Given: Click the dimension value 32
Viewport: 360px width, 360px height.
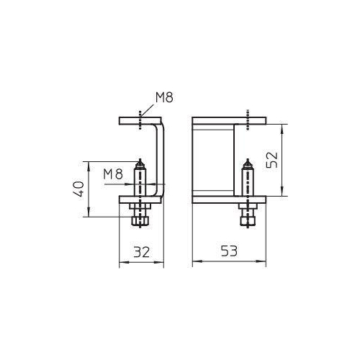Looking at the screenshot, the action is click(x=141, y=252).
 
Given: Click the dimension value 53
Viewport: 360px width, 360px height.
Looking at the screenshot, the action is click(x=229, y=251).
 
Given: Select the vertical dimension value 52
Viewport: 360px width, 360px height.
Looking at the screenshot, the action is click(x=272, y=160).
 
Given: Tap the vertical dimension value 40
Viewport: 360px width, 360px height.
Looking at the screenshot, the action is click(x=78, y=189).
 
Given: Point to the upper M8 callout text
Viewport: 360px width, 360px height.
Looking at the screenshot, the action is click(x=164, y=98).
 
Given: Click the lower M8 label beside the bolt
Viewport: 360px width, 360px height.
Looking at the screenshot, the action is click(x=113, y=174).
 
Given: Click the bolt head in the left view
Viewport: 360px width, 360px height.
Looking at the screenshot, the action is click(x=140, y=221).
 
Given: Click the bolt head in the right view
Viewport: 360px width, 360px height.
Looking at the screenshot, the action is click(x=248, y=221).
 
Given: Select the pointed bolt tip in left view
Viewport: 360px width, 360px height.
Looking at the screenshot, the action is click(x=140, y=163).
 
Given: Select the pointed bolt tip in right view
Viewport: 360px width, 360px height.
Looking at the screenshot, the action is click(x=248, y=163).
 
